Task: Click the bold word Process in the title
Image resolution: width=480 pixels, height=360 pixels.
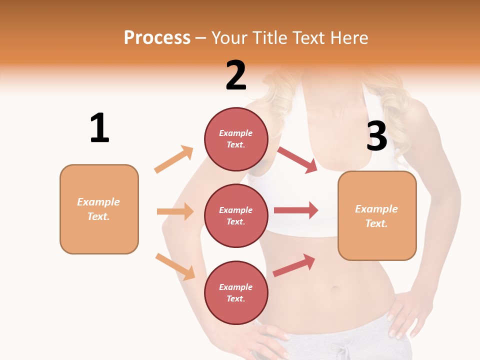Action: pyautogui.click(x=157, y=37)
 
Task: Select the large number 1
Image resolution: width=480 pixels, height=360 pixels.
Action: pyautogui.click(x=99, y=128)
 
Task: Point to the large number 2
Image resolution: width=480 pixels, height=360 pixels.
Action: pyautogui.click(x=236, y=75)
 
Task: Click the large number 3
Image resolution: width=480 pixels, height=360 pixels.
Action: pyautogui.click(x=376, y=136)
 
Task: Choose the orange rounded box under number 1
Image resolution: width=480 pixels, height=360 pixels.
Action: pyautogui.click(x=99, y=209)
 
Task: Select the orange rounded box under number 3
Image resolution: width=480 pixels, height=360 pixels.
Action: pyautogui.click(x=377, y=215)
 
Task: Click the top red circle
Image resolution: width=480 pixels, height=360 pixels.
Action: pyautogui.click(x=236, y=138)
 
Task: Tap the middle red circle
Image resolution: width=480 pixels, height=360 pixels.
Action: pyautogui.click(x=236, y=215)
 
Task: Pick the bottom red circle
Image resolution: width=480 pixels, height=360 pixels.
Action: pyautogui.click(x=236, y=292)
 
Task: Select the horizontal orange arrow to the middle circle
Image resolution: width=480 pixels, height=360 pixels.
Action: pyautogui.click(x=175, y=211)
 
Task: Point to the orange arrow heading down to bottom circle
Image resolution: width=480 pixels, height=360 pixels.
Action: pyautogui.click(x=175, y=266)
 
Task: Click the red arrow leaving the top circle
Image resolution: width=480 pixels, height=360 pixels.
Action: pyautogui.click(x=297, y=160)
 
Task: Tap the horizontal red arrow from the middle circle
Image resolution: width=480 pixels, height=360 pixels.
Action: pyautogui.click(x=296, y=210)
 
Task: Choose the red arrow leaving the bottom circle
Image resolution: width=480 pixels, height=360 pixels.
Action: pyautogui.click(x=294, y=265)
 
